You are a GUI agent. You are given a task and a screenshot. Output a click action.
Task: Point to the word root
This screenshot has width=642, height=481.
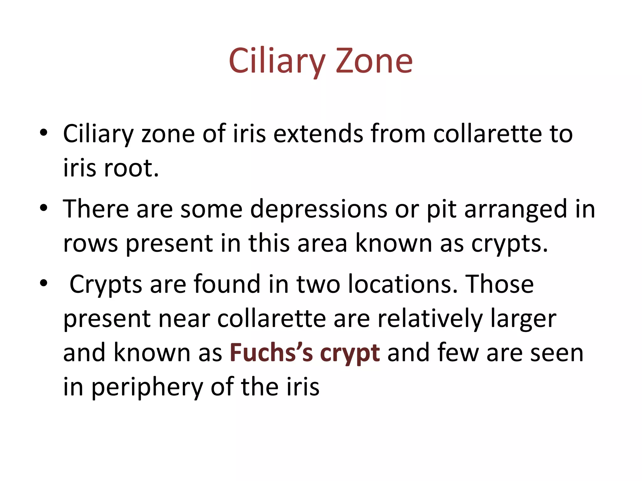point(131,168)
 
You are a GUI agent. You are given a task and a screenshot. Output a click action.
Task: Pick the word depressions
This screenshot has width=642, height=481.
point(318,209)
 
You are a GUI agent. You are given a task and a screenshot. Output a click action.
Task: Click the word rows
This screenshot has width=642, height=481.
point(91,243)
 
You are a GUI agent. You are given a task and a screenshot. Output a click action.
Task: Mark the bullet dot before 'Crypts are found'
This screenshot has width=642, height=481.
point(44,283)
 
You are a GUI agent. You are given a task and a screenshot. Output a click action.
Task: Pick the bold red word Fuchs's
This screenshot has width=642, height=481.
point(271,353)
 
